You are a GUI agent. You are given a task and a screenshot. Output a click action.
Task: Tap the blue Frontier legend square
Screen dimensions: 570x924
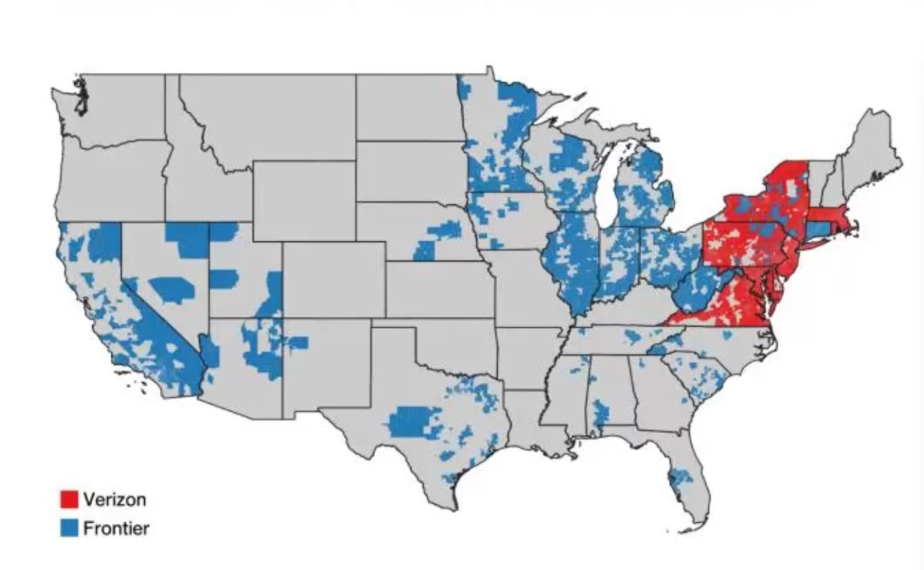point(69,529)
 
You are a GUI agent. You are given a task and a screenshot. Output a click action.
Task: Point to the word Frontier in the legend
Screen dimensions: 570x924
point(116,529)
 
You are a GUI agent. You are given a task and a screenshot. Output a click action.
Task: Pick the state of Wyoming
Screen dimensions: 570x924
point(303,200)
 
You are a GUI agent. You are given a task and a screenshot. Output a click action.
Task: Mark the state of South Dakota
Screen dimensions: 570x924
point(411,171)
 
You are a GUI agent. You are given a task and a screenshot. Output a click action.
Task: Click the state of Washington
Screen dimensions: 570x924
point(114,107)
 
